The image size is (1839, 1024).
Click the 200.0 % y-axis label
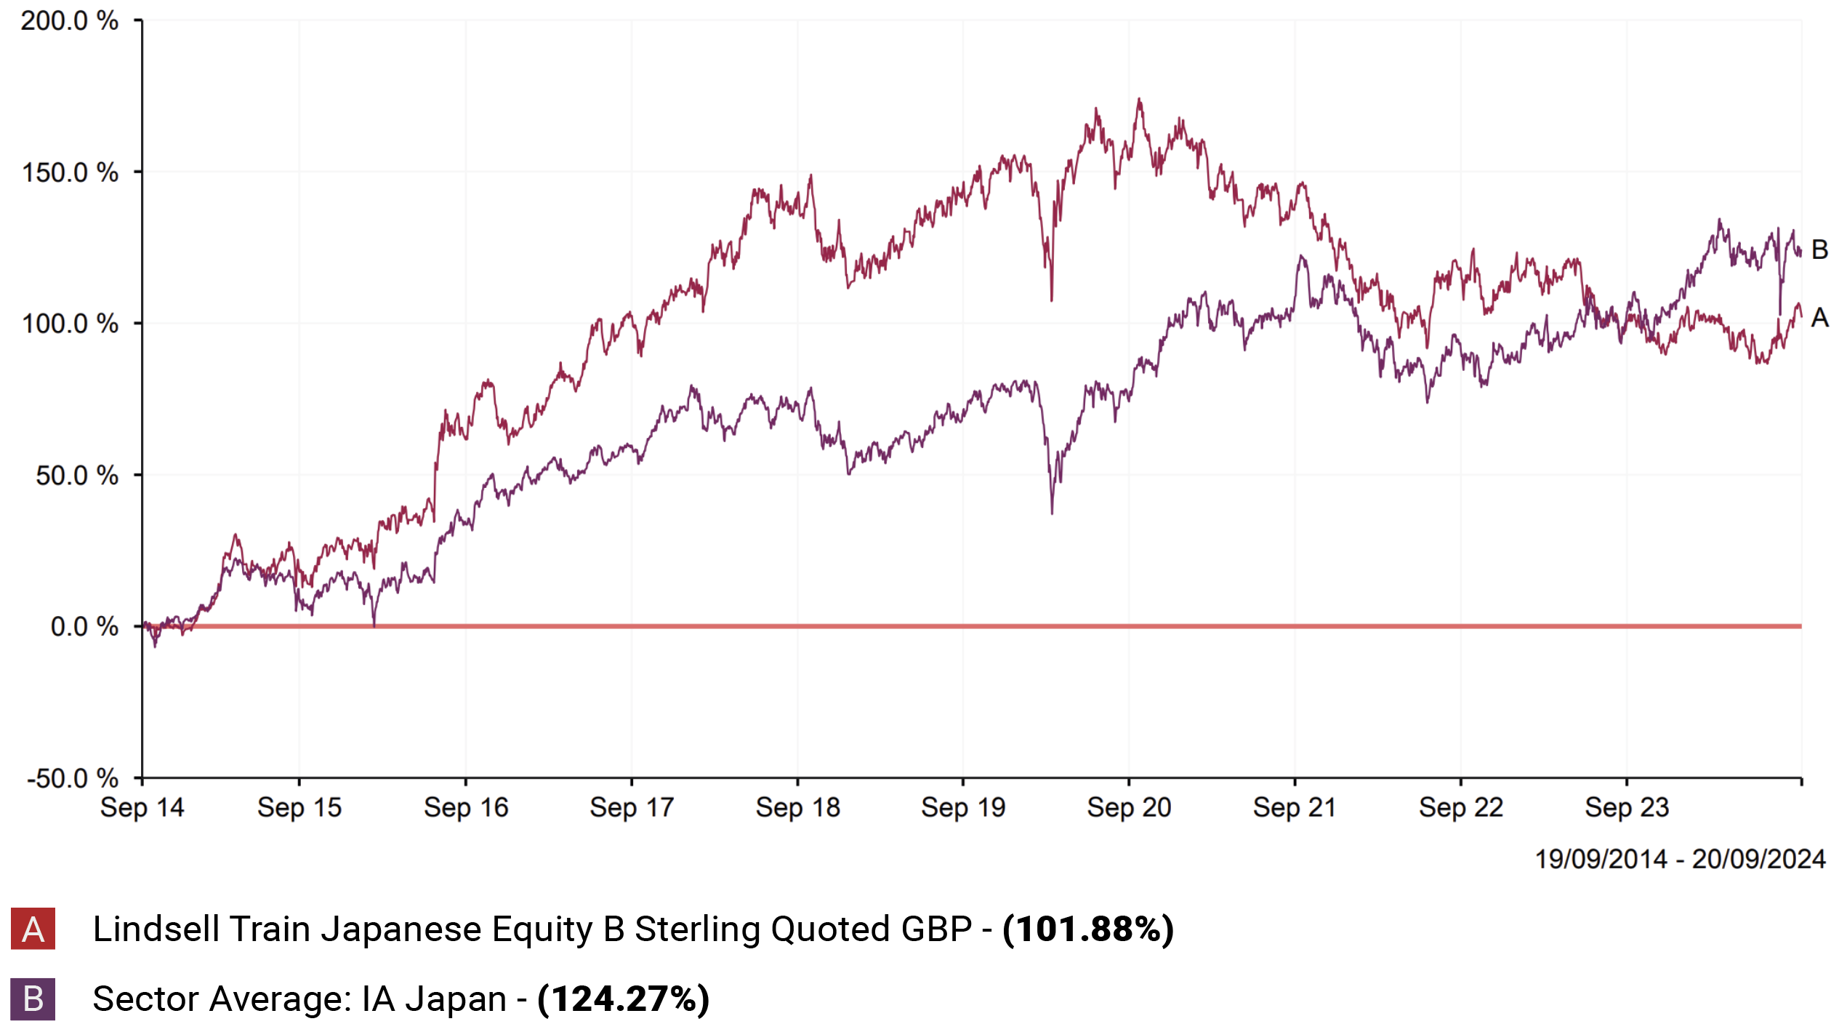(69, 20)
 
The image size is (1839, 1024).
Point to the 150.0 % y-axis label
(70, 172)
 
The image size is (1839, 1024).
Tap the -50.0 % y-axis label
(73, 778)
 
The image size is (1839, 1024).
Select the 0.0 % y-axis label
(84, 626)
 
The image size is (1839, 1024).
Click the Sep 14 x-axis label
(142, 807)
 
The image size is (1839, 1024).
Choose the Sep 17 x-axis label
(632, 807)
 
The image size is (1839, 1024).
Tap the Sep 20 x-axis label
(1129, 807)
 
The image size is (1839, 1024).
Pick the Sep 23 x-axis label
(1627, 807)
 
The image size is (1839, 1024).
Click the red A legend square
(33, 929)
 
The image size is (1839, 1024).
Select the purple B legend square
(33, 999)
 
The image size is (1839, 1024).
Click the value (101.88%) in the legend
(1088, 929)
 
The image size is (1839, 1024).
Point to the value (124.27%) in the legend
(623, 999)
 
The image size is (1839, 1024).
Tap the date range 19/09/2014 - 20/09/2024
(1680, 859)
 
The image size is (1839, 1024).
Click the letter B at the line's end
(1819, 249)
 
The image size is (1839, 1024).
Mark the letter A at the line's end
(1819, 318)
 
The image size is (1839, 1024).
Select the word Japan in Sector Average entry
(456, 999)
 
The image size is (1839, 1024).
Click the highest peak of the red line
(1139, 99)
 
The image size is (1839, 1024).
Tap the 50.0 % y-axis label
(77, 475)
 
